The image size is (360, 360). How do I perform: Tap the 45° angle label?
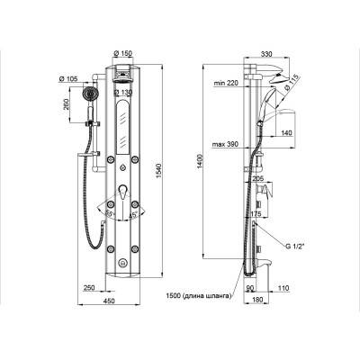pos(132,215)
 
